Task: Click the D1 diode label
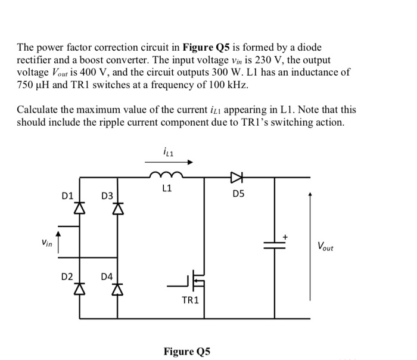click(67, 195)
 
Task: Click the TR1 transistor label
click(189, 300)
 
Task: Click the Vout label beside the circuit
click(325, 246)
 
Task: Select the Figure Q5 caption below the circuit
click(188, 350)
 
